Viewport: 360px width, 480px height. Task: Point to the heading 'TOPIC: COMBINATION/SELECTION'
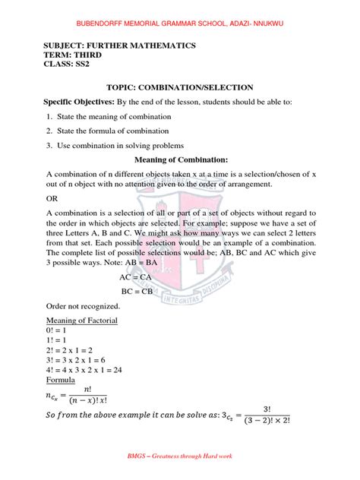180,88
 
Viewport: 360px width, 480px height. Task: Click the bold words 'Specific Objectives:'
83,102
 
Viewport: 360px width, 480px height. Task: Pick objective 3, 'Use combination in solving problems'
118,146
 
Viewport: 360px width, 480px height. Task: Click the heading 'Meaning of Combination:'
181,160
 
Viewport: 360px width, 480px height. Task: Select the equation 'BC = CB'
138,291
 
